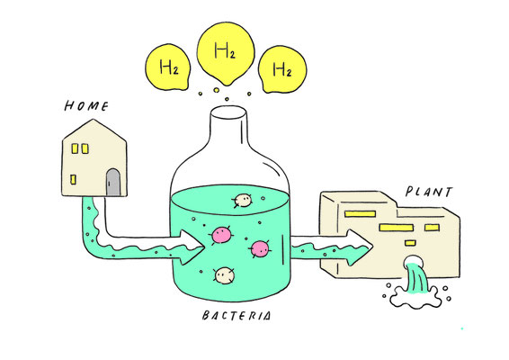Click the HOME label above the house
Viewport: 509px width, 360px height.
pyautogui.click(x=86, y=106)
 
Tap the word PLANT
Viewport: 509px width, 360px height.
pyautogui.click(x=428, y=192)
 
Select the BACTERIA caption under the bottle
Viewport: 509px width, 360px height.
pyautogui.click(x=236, y=316)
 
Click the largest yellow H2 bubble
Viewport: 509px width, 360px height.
pyautogui.click(x=226, y=53)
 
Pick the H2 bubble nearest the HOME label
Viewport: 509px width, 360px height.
pyautogui.click(x=168, y=67)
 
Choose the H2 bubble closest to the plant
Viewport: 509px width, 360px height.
pyautogui.click(x=281, y=69)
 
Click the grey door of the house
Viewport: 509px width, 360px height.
pyautogui.click(x=113, y=183)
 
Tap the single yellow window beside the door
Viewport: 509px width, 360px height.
pyautogui.click(x=74, y=179)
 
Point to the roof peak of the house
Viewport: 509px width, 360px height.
pyautogui.click(x=94, y=120)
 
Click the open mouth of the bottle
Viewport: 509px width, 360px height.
pyautogui.click(x=228, y=112)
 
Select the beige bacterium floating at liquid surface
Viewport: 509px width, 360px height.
pyautogui.click(x=243, y=201)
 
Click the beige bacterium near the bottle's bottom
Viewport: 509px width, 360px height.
pyautogui.click(x=224, y=275)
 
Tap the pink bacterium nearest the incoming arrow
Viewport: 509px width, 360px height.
pyautogui.click(x=221, y=235)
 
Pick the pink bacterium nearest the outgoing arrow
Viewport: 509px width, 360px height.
pyautogui.click(x=260, y=249)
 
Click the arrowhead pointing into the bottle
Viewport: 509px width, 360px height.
pyautogui.click(x=192, y=247)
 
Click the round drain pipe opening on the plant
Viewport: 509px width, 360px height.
pyautogui.click(x=412, y=260)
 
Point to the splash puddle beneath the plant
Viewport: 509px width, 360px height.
pyautogui.click(x=415, y=297)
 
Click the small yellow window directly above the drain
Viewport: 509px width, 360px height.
pyautogui.click(x=410, y=243)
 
